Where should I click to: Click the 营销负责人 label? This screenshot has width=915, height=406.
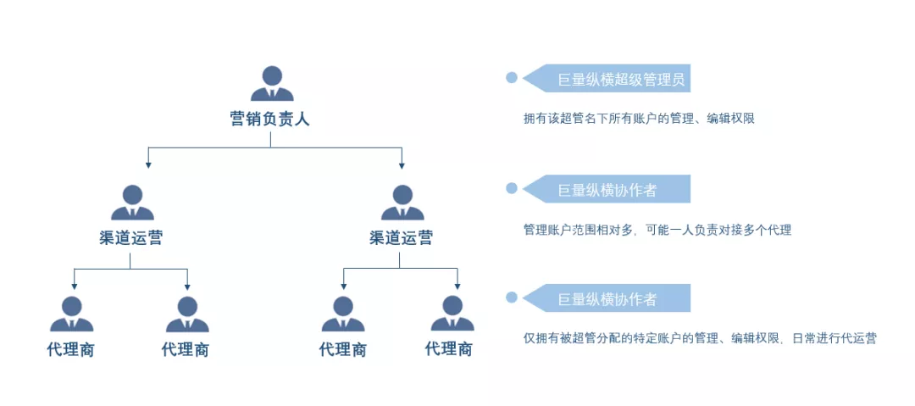(270, 119)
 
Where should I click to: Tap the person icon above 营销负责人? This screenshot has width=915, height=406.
(271, 83)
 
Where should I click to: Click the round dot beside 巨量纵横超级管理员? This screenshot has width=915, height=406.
(512, 78)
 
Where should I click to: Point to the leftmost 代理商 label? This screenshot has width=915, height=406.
(70, 349)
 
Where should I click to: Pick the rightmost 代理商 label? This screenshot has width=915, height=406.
(449, 348)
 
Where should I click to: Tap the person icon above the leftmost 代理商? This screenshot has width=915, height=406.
(71, 314)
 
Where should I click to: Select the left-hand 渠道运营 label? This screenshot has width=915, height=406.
(130, 238)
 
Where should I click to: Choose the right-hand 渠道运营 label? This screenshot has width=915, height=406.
(402, 238)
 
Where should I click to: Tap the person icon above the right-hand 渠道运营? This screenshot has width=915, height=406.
(402, 203)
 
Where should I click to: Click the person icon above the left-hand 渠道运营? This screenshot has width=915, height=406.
(132, 203)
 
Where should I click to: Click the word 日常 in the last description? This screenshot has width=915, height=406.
(805, 338)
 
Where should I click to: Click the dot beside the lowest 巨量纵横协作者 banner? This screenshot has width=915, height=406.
(512, 297)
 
